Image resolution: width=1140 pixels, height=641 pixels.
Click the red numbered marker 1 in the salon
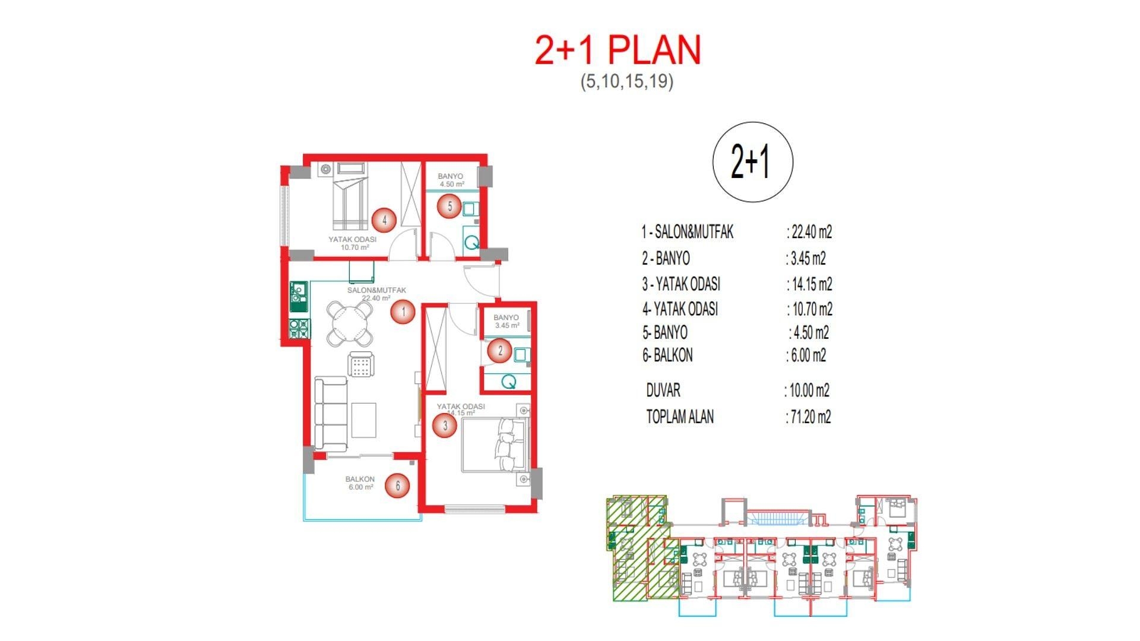[x=403, y=312]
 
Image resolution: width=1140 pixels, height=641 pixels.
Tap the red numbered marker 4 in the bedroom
[x=384, y=220]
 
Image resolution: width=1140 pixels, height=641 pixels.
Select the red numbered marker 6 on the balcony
[x=397, y=486]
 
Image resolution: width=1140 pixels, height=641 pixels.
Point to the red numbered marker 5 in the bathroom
[x=449, y=207]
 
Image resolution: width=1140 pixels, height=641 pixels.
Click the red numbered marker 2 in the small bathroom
[x=500, y=351]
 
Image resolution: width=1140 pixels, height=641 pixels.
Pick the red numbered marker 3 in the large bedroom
[x=445, y=425]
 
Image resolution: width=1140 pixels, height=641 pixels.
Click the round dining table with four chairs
[x=351, y=324]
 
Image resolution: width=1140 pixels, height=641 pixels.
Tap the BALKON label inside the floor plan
[x=360, y=479]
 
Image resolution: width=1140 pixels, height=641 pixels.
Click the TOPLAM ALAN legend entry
[x=680, y=417]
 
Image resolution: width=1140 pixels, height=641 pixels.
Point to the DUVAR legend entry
[x=663, y=391]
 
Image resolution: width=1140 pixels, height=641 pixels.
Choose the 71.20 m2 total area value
[x=810, y=417]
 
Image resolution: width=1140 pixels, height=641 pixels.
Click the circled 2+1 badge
[x=752, y=162]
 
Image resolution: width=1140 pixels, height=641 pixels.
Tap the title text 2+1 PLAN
[x=617, y=50]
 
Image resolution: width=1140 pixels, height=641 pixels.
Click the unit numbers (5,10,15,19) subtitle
[x=627, y=81]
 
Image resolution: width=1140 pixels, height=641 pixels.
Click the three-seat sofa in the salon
[x=331, y=414]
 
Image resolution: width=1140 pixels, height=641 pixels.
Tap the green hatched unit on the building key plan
[x=628, y=546]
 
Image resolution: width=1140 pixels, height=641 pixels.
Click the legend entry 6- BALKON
[x=667, y=356]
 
